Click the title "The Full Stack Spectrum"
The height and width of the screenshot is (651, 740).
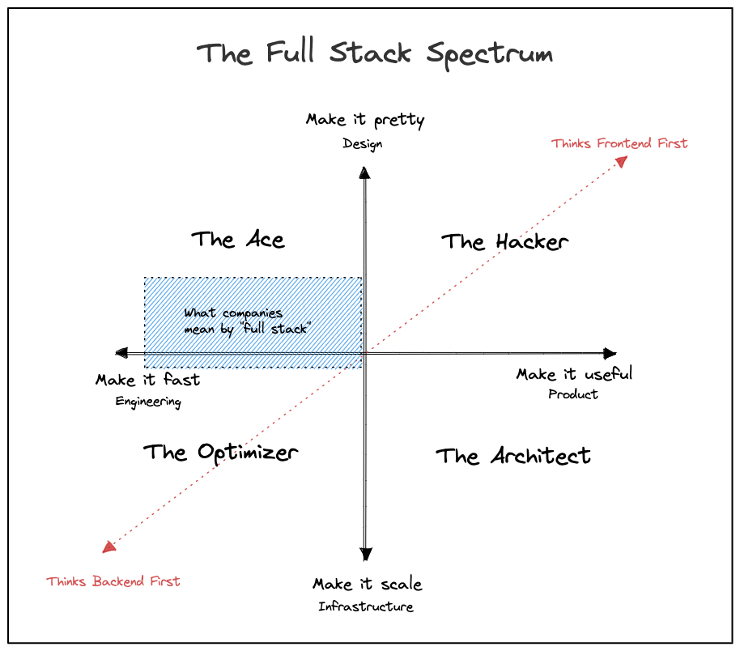(x=375, y=54)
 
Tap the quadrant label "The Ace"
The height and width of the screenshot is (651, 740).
(x=237, y=240)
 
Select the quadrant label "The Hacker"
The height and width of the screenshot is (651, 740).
(x=504, y=241)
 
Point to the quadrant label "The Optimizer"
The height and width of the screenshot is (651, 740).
(x=220, y=452)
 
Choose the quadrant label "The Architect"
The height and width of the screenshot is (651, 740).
(x=513, y=456)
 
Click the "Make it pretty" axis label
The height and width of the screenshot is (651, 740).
(x=365, y=121)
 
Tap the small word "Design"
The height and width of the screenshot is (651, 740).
(x=362, y=144)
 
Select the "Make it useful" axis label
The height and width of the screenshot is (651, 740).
(x=574, y=374)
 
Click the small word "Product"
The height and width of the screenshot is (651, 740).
(x=572, y=394)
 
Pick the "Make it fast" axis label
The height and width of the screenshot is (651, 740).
(x=147, y=380)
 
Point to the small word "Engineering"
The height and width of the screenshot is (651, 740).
(x=147, y=402)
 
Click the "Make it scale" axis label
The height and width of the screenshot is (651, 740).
(x=367, y=584)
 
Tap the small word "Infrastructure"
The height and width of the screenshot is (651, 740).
(x=365, y=606)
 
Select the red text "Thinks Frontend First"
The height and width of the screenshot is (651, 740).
(x=619, y=143)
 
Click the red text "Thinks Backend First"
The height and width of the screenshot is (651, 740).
(x=113, y=581)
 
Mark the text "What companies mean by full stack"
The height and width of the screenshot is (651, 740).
(x=248, y=321)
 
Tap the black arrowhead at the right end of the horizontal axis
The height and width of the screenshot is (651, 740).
(x=610, y=353)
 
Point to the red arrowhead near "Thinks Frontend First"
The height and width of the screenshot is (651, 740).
(x=621, y=161)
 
